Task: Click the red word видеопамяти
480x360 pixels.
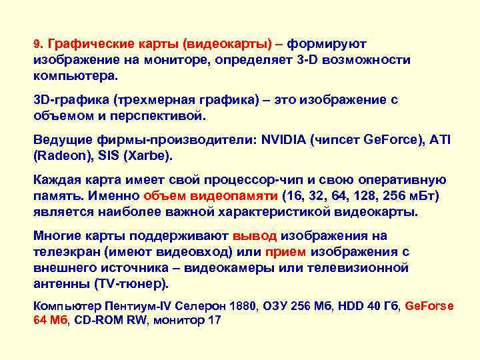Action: (x=234, y=197)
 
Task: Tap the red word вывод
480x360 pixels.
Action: (x=255, y=236)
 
